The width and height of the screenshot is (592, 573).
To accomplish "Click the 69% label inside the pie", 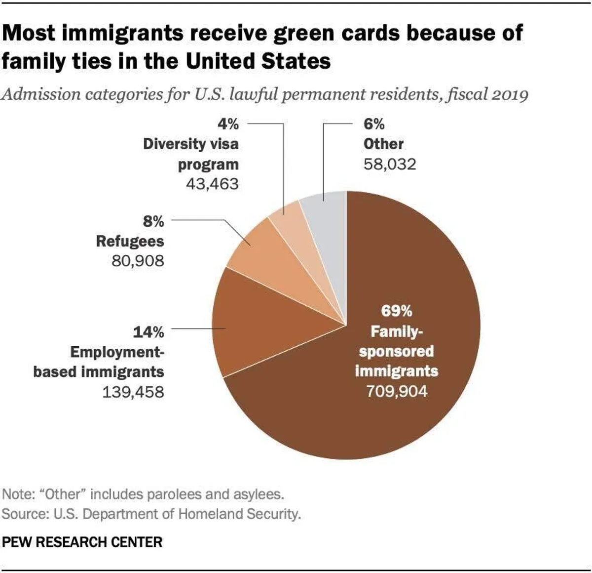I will pyautogui.click(x=396, y=311).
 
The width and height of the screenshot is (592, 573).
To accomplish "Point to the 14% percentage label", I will pyautogui.click(x=148, y=332).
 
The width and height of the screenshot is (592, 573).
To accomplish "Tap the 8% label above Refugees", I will pyautogui.click(x=153, y=221).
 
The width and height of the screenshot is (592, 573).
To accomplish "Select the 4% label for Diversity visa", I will pyautogui.click(x=228, y=123).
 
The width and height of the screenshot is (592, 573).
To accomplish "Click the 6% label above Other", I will pyautogui.click(x=374, y=123).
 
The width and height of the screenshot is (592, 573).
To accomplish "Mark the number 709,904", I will pyautogui.click(x=397, y=391).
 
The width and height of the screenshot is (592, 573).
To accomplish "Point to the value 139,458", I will pyautogui.click(x=133, y=392).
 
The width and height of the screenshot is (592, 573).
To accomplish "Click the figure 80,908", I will pyautogui.click(x=138, y=261).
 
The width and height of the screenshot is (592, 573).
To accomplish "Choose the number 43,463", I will pyautogui.click(x=212, y=184).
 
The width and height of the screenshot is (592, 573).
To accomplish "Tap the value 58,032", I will pyautogui.click(x=390, y=164).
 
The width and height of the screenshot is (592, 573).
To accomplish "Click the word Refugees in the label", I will pyautogui.click(x=130, y=241).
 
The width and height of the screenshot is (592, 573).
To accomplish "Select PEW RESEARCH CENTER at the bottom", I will pyautogui.click(x=82, y=542).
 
